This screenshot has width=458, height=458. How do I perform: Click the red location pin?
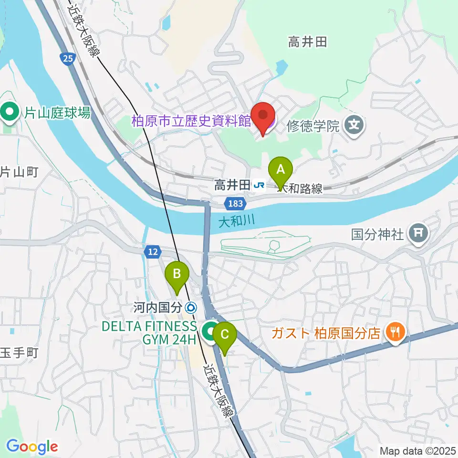[x=263, y=116]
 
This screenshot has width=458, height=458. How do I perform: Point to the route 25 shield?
[x=67, y=58]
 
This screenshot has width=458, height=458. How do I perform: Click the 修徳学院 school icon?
[x=355, y=126]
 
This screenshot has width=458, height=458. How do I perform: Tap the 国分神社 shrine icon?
[x=419, y=234]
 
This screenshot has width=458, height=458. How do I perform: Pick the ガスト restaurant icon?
[x=395, y=332]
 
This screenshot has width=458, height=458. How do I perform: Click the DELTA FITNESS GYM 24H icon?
[x=209, y=332]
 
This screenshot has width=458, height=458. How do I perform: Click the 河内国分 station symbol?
[x=191, y=308]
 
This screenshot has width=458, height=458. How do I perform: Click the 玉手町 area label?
[x=18, y=353]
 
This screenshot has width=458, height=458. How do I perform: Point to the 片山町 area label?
[x=18, y=172]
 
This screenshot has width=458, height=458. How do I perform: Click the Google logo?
[x=31, y=447]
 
